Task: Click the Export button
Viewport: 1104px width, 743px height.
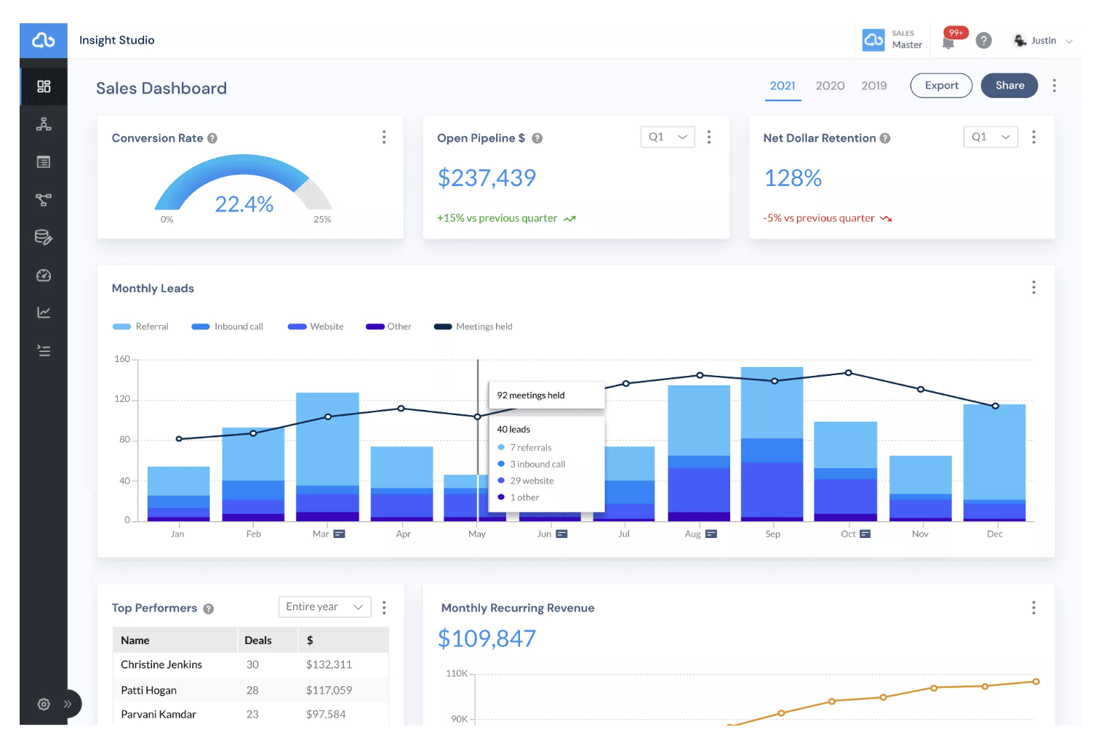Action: point(941,85)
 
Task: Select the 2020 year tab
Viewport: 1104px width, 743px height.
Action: point(830,86)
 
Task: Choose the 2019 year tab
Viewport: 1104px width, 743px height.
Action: point(874,86)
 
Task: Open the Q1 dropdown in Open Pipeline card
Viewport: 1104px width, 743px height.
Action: point(668,137)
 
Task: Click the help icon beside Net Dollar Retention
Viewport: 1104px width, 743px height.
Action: point(885,138)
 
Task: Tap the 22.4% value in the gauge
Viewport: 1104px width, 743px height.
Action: point(244,204)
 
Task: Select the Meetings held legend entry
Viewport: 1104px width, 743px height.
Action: point(473,326)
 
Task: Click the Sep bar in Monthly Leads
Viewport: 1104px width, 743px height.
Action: point(772,444)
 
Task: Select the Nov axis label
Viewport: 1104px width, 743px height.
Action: point(920,534)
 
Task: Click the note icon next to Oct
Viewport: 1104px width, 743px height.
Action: point(865,534)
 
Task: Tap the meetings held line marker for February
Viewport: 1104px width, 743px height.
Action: point(253,433)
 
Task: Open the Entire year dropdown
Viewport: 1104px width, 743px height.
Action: point(325,606)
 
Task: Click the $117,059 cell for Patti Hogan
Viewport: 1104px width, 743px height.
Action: point(329,690)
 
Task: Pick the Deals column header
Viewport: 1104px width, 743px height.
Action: point(257,640)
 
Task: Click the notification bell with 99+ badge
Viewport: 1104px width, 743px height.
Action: point(949,42)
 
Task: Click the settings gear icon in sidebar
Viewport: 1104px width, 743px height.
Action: point(44,704)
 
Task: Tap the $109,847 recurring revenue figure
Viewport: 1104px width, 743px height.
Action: point(487,638)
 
